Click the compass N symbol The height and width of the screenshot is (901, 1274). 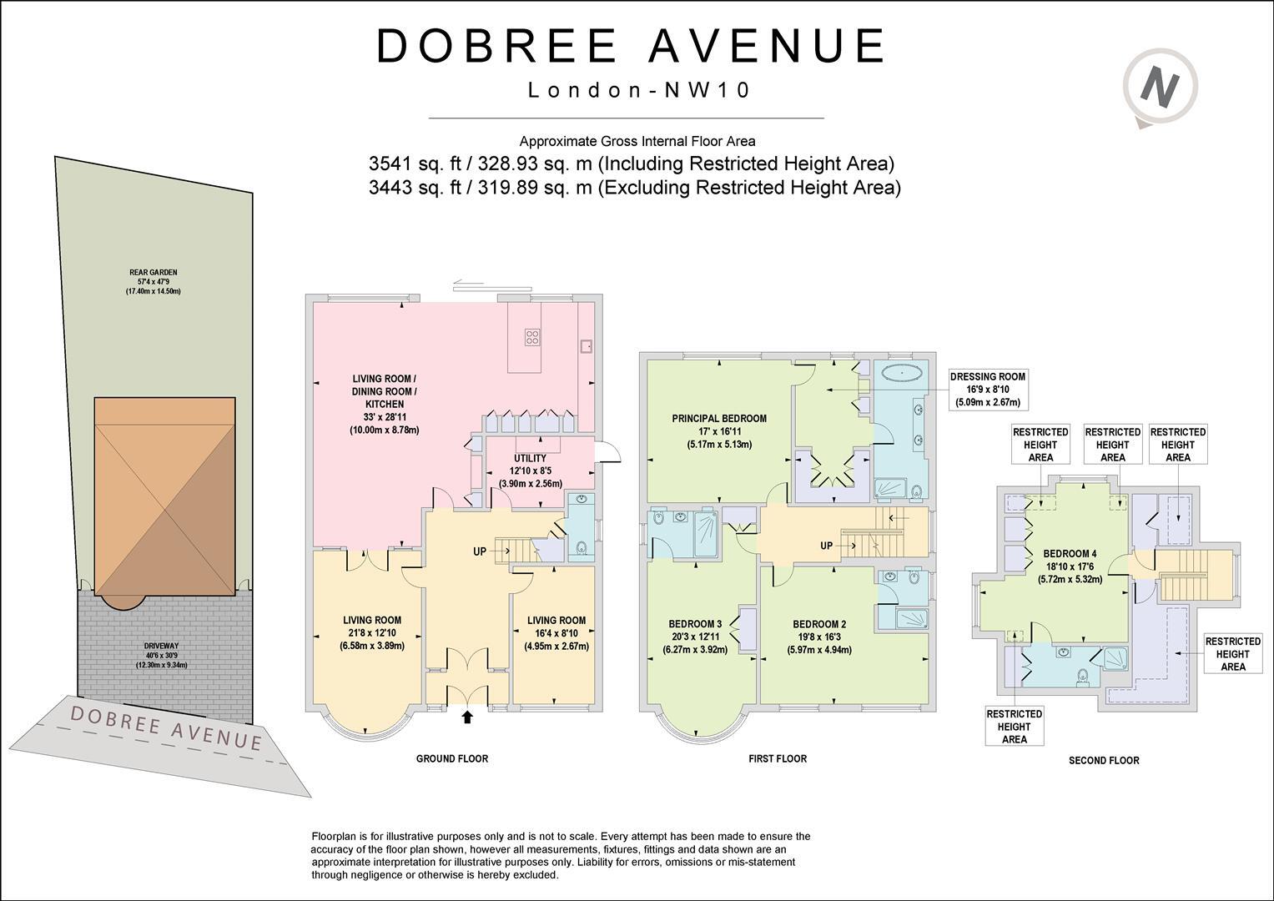[x=1161, y=86]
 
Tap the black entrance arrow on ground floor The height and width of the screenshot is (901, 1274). [x=466, y=715]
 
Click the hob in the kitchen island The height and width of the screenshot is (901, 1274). [x=532, y=336]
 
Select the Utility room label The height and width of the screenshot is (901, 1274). [x=530, y=458]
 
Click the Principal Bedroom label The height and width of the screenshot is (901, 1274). [x=719, y=419]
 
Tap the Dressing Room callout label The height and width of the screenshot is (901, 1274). [x=987, y=376]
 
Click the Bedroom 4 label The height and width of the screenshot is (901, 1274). [x=1070, y=553]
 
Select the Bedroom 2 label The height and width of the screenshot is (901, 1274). [x=819, y=624]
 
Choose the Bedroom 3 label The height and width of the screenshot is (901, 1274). [x=695, y=624]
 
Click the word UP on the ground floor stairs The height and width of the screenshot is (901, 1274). [x=480, y=551]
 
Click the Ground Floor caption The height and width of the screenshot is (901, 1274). [x=452, y=758]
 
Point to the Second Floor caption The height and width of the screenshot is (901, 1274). [x=1104, y=760]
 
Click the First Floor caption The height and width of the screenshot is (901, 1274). [x=778, y=758]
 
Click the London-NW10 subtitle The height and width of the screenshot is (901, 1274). [x=639, y=90]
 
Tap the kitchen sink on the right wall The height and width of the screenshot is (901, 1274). [x=587, y=345]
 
